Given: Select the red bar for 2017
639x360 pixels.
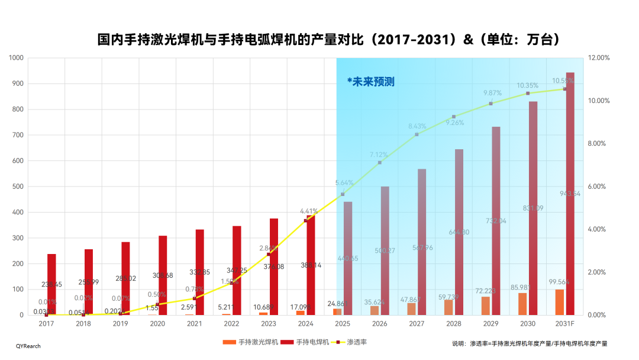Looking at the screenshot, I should click(x=51, y=284).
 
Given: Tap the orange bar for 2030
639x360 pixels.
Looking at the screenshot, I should click(x=522, y=304).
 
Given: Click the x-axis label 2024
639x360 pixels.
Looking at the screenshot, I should click(x=305, y=324).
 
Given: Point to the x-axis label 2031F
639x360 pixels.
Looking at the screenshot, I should click(x=564, y=324).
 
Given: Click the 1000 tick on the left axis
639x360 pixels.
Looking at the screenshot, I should click(x=16, y=58).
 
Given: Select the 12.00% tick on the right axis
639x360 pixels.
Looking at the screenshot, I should click(x=599, y=58).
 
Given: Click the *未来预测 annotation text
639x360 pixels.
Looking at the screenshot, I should click(x=370, y=82).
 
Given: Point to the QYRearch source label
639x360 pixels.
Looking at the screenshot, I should click(x=28, y=346).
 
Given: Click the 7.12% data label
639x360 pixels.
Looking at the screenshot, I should click(x=379, y=155).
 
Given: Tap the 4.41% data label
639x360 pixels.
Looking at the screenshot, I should click(x=309, y=211).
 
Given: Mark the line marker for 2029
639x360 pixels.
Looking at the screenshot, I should click(x=490, y=104).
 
